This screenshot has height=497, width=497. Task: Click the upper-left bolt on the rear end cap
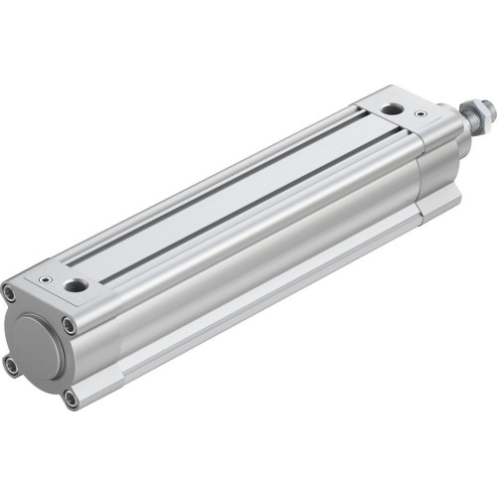[10, 293]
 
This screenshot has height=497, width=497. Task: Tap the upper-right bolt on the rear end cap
[69, 324]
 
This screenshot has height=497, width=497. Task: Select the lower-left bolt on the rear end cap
[11, 366]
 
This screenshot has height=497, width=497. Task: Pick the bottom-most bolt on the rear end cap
[70, 399]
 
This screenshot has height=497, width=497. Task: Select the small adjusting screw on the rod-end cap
[421, 115]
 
